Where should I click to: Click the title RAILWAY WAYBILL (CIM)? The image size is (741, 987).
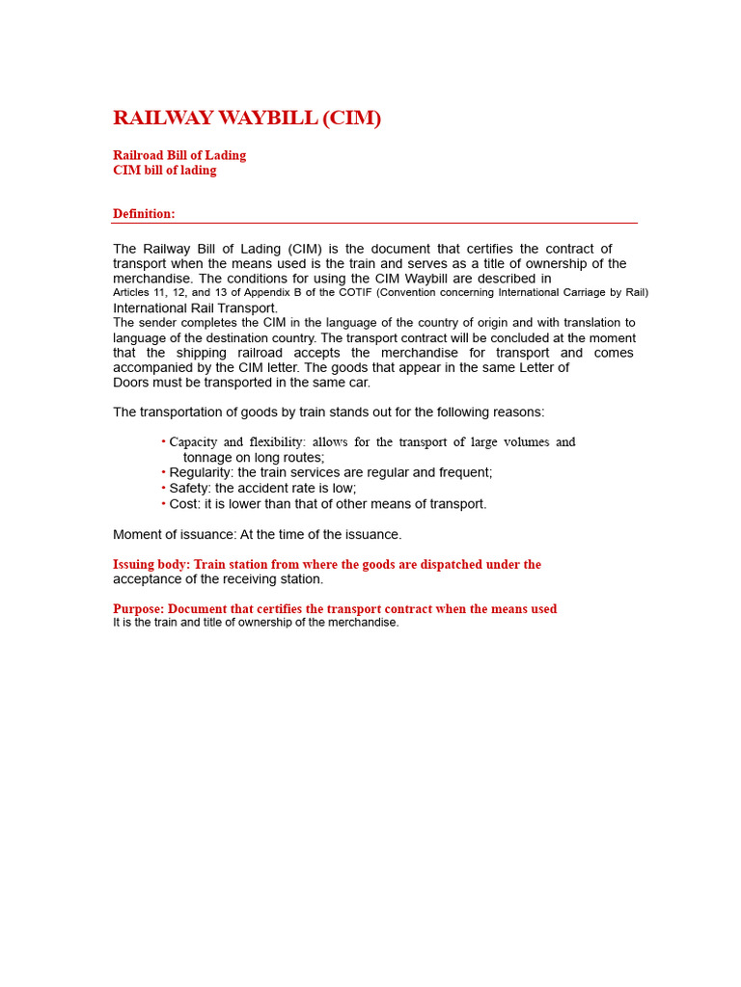point(247,119)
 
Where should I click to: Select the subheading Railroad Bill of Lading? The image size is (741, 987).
point(179,155)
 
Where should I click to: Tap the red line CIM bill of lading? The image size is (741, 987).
point(165,171)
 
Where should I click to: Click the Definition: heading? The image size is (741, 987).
point(144,214)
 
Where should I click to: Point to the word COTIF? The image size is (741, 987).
point(353,292)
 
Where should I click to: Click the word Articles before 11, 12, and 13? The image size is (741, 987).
point(132,292)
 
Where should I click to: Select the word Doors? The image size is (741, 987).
point(131,383)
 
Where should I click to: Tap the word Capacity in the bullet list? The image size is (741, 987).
point(193,442)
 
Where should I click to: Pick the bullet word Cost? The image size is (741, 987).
point(183,504)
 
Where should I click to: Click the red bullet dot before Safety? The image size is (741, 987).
point(164,489)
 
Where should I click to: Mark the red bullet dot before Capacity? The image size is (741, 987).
point(164,442)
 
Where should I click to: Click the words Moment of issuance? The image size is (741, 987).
point(173,535)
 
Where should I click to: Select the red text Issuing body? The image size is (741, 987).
point(151,565)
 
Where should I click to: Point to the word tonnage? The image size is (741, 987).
point(208,458)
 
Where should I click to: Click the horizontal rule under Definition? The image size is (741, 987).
point(374,224)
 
